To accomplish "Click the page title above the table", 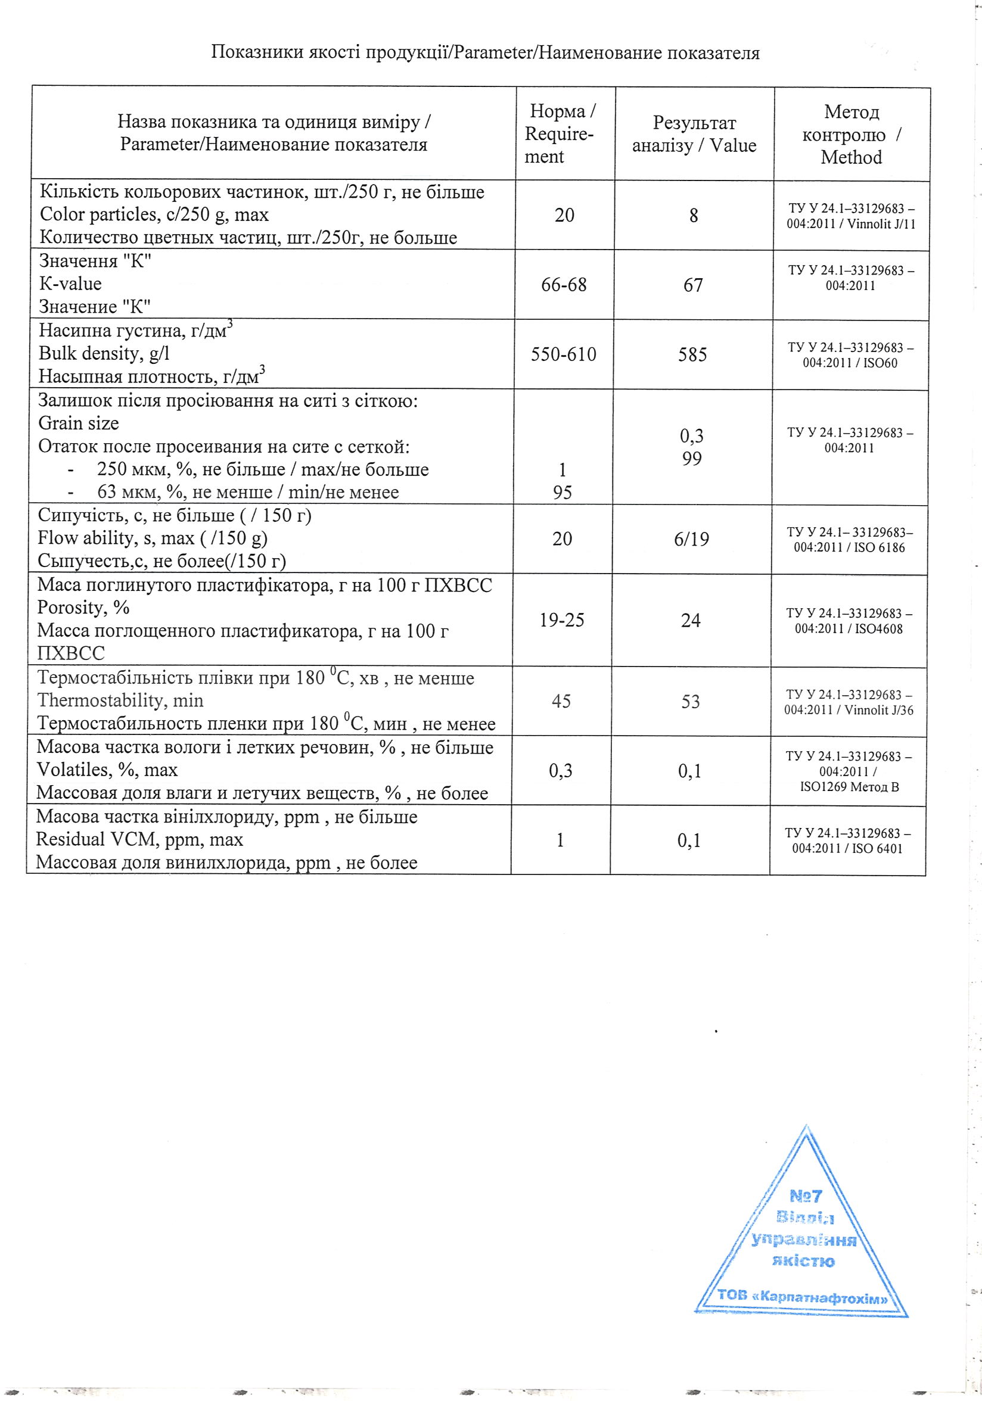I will tap(485, 53).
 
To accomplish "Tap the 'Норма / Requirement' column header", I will tap(561, 133).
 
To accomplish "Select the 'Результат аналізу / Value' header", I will tap(694, 134).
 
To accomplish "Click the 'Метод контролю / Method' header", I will tap(852, 135).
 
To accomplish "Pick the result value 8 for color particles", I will tap(694, 216).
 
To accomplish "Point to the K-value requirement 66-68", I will tap(564, 284).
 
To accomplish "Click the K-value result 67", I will tap(693, 285).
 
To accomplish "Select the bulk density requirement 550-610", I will tap(563, 354).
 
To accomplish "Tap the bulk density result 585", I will tap(692, 354).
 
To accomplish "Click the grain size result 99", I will tap(691, 459).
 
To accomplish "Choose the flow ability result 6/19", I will tap(691, 539).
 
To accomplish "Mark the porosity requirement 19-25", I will tap(561, 621).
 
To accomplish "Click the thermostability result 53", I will tap(690, 702).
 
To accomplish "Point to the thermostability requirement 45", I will tap(561, 701).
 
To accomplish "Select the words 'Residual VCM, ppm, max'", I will tap(139, 840).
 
